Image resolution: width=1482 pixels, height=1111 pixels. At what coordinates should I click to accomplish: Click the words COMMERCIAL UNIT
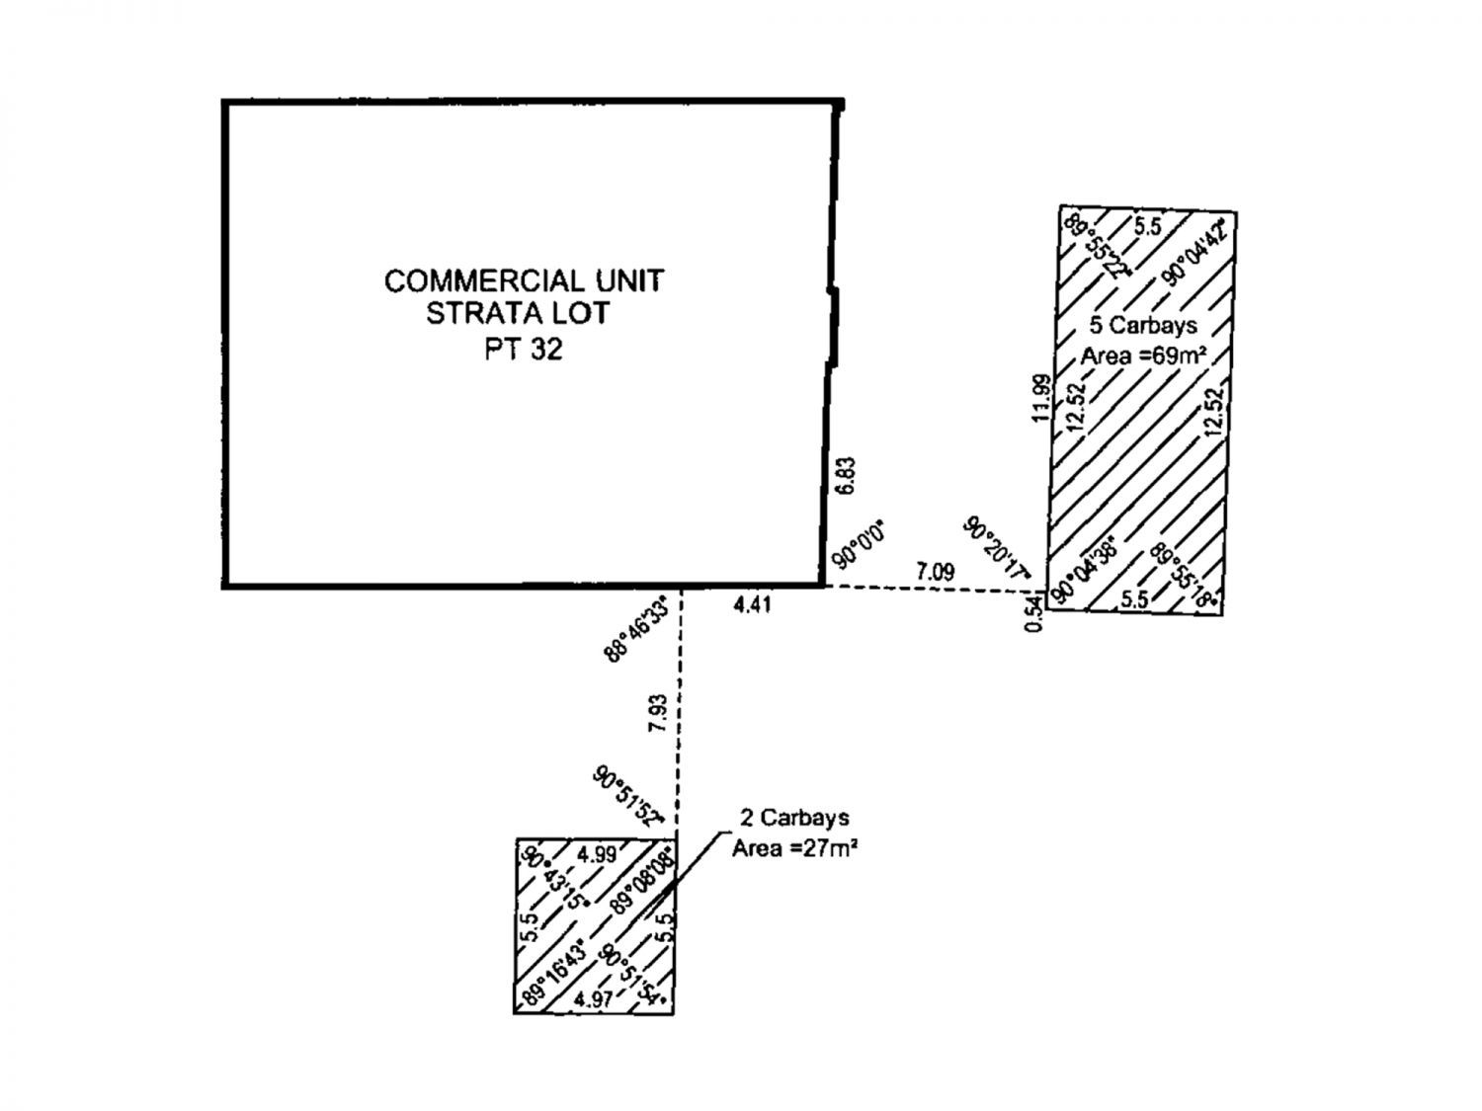tap(524, 280)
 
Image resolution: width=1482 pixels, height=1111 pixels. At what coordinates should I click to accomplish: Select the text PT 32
tap(523, 350)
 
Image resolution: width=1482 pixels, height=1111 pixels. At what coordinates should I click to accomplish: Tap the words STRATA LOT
tap(518, 314)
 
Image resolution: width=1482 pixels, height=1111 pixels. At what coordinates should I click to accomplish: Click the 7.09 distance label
tap(935, 571)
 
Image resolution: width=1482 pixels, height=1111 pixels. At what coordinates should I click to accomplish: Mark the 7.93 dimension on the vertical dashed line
tap(659, 714)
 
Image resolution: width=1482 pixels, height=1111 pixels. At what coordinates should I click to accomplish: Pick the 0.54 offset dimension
tap(1033, 614)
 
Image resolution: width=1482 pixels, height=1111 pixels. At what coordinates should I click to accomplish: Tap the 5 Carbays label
tap(1143, 325)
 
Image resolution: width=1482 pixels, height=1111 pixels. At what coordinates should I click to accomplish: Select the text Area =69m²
tap(1144, 357)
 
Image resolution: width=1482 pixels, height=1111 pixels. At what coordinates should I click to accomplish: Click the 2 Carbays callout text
tap(794, 818)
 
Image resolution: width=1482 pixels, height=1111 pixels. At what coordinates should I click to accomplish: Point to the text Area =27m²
tap(793, 848)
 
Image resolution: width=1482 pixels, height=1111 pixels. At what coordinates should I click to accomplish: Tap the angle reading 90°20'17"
tap(998, 548)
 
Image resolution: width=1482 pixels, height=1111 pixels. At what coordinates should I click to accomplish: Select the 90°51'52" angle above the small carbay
tap(626, 795)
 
